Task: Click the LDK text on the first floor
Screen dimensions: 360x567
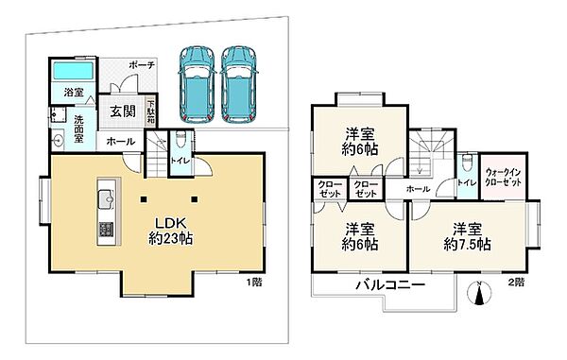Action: click(x=171, y=222)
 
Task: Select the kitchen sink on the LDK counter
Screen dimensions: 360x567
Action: click(x=105, y=198)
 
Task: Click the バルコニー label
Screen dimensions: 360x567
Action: click(x=389, y=285)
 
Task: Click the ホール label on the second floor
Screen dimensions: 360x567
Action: click(x=417, y=188)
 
